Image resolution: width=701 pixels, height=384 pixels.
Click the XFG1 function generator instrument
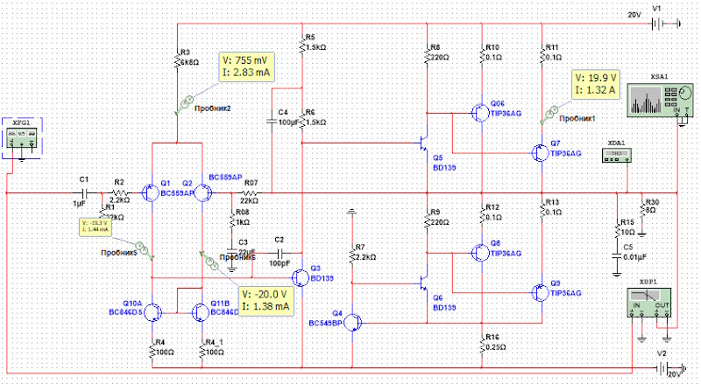[22, 137]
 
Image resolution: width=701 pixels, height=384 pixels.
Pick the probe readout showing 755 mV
[246, 66]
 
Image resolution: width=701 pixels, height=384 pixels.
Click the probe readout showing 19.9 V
[595, 83]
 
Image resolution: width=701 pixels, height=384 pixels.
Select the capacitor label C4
[282, 113]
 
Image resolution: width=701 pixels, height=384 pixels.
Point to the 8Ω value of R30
[650, 209]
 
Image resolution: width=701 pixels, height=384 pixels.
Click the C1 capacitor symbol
[84, 192]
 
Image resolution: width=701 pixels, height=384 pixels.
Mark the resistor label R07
[251, 183]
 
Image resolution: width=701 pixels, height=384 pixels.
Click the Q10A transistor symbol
[152, 311]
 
